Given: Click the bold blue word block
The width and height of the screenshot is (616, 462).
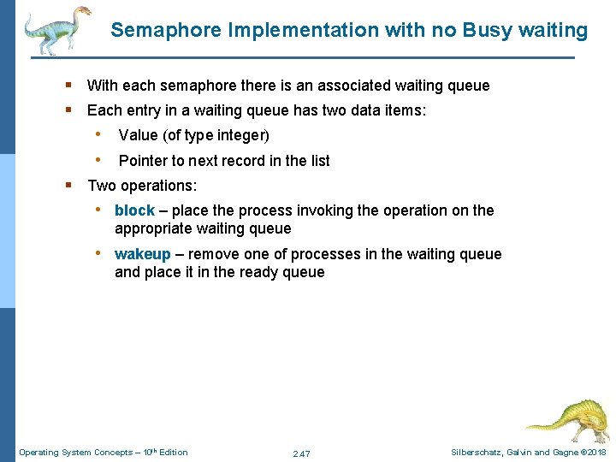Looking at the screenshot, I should click(x=134, y=210).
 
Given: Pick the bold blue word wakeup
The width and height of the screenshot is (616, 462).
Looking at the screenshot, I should click(x=143, y=254).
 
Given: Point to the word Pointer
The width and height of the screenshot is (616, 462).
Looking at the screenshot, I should click(x=143, y=161).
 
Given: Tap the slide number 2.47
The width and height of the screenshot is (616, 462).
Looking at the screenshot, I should click(x=301, y=453).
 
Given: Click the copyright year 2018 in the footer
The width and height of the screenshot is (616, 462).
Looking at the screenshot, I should click(x=597, y=452).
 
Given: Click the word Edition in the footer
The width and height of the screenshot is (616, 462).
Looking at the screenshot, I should click(x=172, y=452).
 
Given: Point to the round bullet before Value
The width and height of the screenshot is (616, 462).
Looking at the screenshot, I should click(x=100, y=134).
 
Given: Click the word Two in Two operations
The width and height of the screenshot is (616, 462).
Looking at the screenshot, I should click(x=101, y=186).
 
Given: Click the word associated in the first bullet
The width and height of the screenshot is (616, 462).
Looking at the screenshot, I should click(x=351, y=86).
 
